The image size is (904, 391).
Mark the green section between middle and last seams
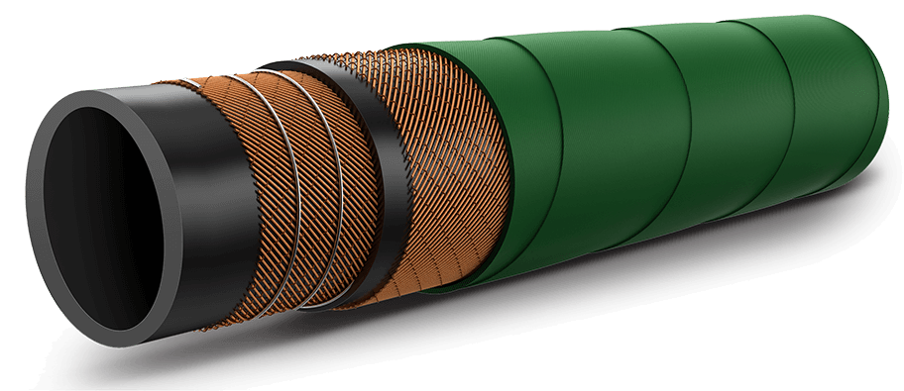coord(743,129)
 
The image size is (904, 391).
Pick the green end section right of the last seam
coord(843,109)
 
